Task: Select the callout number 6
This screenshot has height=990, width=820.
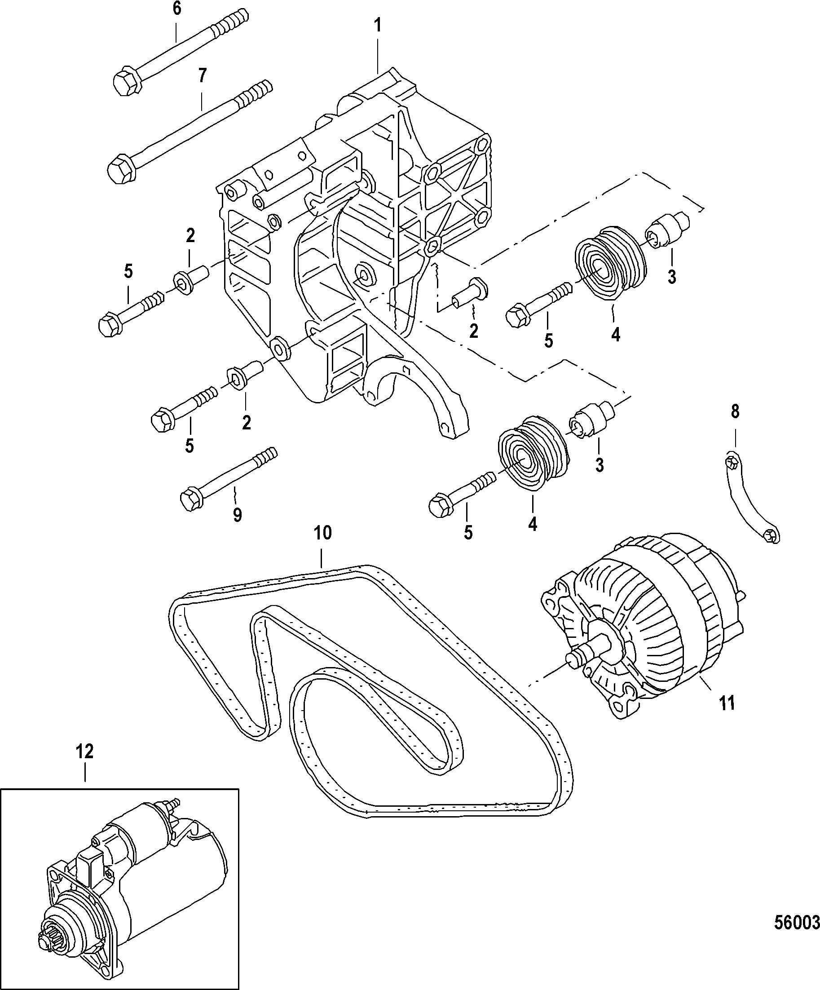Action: pos(177,9)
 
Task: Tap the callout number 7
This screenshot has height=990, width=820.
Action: pos(202,75)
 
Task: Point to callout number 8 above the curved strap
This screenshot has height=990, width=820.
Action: pos(735,411)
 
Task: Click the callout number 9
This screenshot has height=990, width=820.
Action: pos(237,514)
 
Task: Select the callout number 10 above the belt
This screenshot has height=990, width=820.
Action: pos(323,533)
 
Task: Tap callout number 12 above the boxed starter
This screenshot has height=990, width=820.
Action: pos(85,751)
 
